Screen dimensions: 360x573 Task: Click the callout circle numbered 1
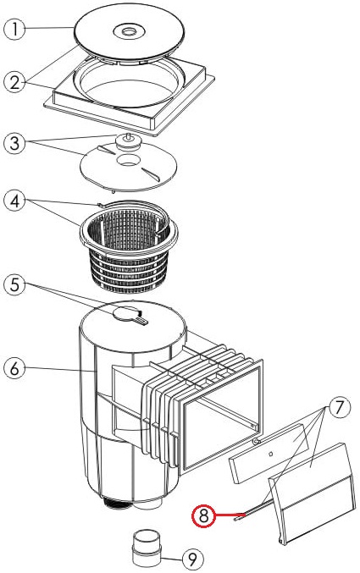click(14, 30)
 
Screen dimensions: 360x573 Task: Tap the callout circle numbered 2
click(14, 82)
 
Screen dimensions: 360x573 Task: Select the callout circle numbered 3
click(14, 142)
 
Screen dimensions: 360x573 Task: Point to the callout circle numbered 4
click(14, 201)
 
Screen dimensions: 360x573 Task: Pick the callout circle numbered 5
click(14, 284)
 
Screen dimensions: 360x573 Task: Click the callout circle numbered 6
click(14, 368)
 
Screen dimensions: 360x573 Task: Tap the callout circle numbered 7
click(340, 407)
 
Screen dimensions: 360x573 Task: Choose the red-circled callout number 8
click(204, 516)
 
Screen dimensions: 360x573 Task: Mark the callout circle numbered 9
click(193, 559)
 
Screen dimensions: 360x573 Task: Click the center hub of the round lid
click(129, 30)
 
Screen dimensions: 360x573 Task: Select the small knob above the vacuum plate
click(128, 142)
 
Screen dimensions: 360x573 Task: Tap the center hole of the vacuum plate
click(128, 160)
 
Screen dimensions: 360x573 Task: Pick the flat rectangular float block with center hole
click(269, 454)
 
